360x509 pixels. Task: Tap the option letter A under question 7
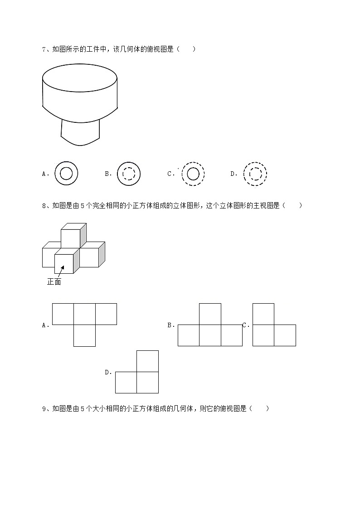tap(44, 174)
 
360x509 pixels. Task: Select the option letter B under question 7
tap(107, 174)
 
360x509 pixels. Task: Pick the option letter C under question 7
tap(170, 174)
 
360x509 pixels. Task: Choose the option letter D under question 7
tap(233, 174)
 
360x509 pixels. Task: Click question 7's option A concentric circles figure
tap(66, 174)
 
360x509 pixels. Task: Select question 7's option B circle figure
tap(129, 174)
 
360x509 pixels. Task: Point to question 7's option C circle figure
tap(193, 174)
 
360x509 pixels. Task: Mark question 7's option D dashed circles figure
tap(255, 174)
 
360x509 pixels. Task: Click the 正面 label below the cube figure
tap(54, 282)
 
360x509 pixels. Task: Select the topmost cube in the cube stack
tap(71, 238)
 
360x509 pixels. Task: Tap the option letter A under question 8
tap(44, 325)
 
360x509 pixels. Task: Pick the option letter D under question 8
tap(107, 372)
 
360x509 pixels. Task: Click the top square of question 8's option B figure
tap(210, 314)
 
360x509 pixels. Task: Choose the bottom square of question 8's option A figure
tap(84, 335)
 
